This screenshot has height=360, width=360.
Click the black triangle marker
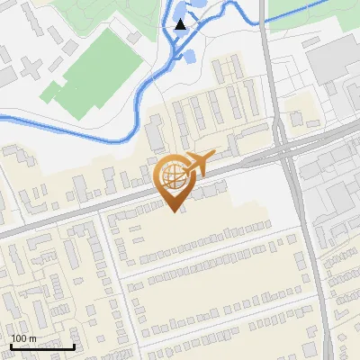(x=181, y=24)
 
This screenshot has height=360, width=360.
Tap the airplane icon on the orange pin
(x=196, y=163)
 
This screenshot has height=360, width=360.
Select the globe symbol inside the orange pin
(x=171, y=176)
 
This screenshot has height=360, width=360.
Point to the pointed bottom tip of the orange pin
(x=172, y=210)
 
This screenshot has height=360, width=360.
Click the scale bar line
(x=42, y=346)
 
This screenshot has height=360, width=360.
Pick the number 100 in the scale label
(x=20, y=338)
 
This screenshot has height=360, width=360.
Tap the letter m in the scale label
(x=33, y=338)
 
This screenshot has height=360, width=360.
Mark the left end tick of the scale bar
(x=11, y=345)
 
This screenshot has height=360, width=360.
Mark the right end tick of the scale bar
(x=74, y=345)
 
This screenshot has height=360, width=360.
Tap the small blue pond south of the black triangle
(x=189, y=57)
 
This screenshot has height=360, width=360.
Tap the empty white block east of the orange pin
(x=261, y=193)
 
